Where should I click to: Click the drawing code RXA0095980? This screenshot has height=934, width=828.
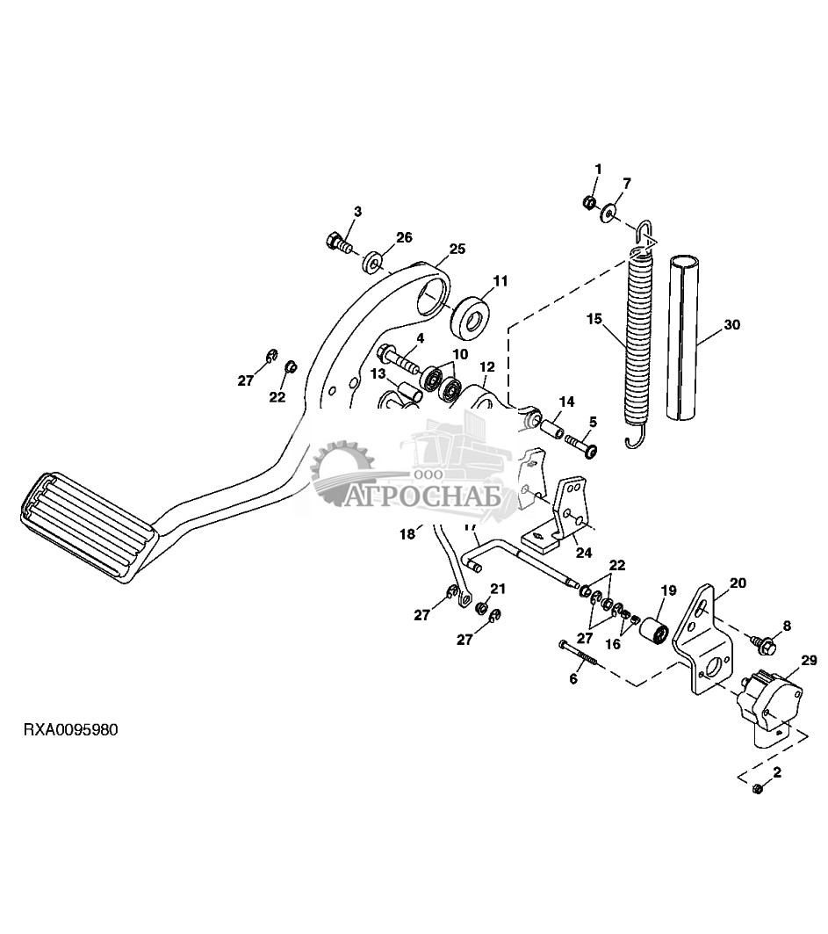point(70,730)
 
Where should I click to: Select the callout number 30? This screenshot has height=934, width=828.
point(731,324)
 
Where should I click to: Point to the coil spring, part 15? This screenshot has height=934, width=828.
point(637,337)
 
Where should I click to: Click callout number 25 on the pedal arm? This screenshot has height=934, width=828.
point(457,249)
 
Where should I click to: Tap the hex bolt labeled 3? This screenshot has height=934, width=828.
point(339,243)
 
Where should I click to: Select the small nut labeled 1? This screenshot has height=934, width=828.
point(587,202)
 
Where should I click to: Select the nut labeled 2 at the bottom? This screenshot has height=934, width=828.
point(758,789)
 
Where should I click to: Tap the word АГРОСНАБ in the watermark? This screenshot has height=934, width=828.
point(423,495)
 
